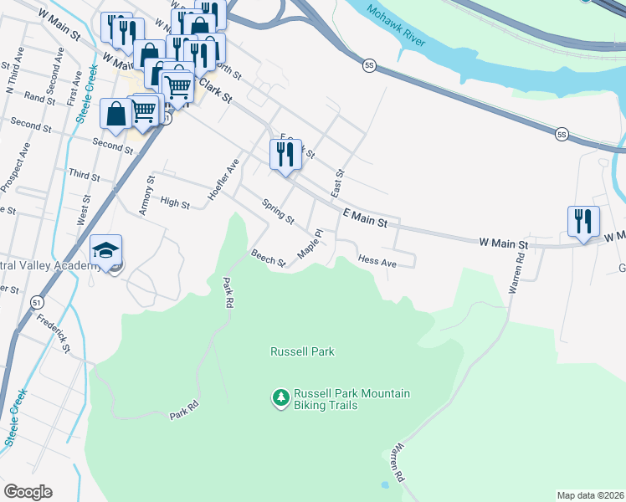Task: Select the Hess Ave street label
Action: [x=377, y=261]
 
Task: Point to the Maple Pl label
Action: [x=310, y=244]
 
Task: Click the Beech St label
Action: [x=269, y=259]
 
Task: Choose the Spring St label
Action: [x=278, y=212]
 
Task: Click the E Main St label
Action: [x=366, y=221]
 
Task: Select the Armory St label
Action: [x=146, y=195]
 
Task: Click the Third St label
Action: [x=85, y=177]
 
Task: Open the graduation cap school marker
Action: [x=106, y=251]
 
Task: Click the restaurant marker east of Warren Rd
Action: [x=583, y=221]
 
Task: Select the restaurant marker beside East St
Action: [x=285, y=155]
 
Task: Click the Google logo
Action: [x=28, y=492]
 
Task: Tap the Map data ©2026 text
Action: [x=590, y=494]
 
